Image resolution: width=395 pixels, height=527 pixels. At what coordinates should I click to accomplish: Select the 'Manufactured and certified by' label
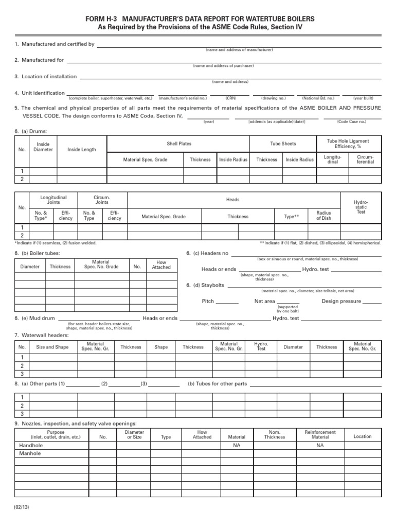(x=55, y=45)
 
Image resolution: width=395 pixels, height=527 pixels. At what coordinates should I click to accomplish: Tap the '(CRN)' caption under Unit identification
(x=230, y=98)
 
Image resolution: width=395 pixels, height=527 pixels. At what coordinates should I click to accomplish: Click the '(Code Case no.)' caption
(x=352, y=121)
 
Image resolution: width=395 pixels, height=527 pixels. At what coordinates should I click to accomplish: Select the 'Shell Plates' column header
(x=179, y=144)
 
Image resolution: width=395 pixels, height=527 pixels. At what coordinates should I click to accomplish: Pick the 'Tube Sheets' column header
(x=283, y=144)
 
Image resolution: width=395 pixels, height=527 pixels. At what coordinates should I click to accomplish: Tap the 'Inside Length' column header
(x=82, y=150)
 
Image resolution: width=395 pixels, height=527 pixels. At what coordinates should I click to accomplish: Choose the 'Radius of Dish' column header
(x=324, y=216)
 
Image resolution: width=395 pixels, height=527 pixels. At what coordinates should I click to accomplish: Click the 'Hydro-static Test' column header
(x=361, y=207)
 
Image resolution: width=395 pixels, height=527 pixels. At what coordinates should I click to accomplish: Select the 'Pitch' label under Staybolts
(x=208, y=301)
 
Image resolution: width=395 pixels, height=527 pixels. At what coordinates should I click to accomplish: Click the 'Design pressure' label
(x=342, y=301)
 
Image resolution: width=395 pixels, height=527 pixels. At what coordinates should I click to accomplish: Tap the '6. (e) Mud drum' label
(x=34, y=319)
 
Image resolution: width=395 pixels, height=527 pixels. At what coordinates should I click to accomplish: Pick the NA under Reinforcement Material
(x=320, y=445)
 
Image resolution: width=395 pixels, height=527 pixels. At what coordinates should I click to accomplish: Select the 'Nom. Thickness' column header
(x=275, y=434)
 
